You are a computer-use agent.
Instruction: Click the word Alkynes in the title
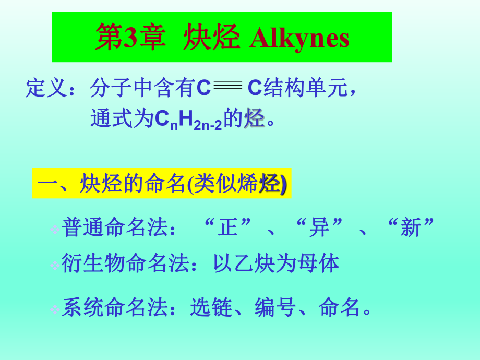point(299,38)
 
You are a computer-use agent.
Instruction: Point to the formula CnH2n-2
point(188,119)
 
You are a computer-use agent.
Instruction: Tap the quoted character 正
point(227,227)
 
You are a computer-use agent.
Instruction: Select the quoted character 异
point(319,227)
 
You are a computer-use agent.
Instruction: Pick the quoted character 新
point(411,227)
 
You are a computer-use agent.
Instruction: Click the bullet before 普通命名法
point(54,229)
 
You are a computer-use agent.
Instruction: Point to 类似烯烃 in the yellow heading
point(238,184)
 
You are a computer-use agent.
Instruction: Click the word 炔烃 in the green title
point(211,38)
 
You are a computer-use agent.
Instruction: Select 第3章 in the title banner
point(130,38)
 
